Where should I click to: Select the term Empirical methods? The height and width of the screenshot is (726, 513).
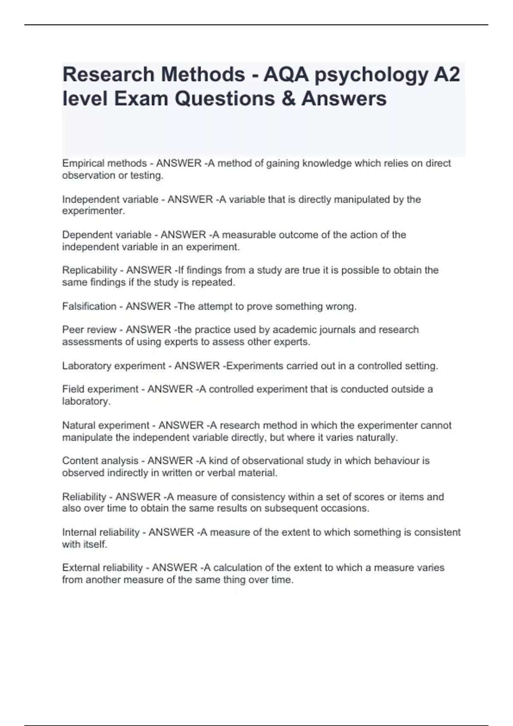pos(104,163)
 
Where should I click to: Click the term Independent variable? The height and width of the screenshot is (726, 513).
pos(110,199)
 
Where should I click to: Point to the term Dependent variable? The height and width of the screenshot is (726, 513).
pos(106,235)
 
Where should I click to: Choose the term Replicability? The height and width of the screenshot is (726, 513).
pos(89,270)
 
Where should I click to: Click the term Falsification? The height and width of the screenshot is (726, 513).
pos(89,306)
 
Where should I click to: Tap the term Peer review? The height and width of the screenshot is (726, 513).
pos(89,330)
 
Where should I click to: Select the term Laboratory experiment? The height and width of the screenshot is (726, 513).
pos(113,366)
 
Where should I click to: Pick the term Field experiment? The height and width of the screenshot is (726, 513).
pos(100,389)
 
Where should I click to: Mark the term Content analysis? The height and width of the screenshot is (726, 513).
pos(100,461)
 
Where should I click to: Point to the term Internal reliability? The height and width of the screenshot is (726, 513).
pos(100,532)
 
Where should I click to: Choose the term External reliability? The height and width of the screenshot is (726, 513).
pos(102,568)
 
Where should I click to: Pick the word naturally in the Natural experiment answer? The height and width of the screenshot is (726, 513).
pos(376,437)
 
